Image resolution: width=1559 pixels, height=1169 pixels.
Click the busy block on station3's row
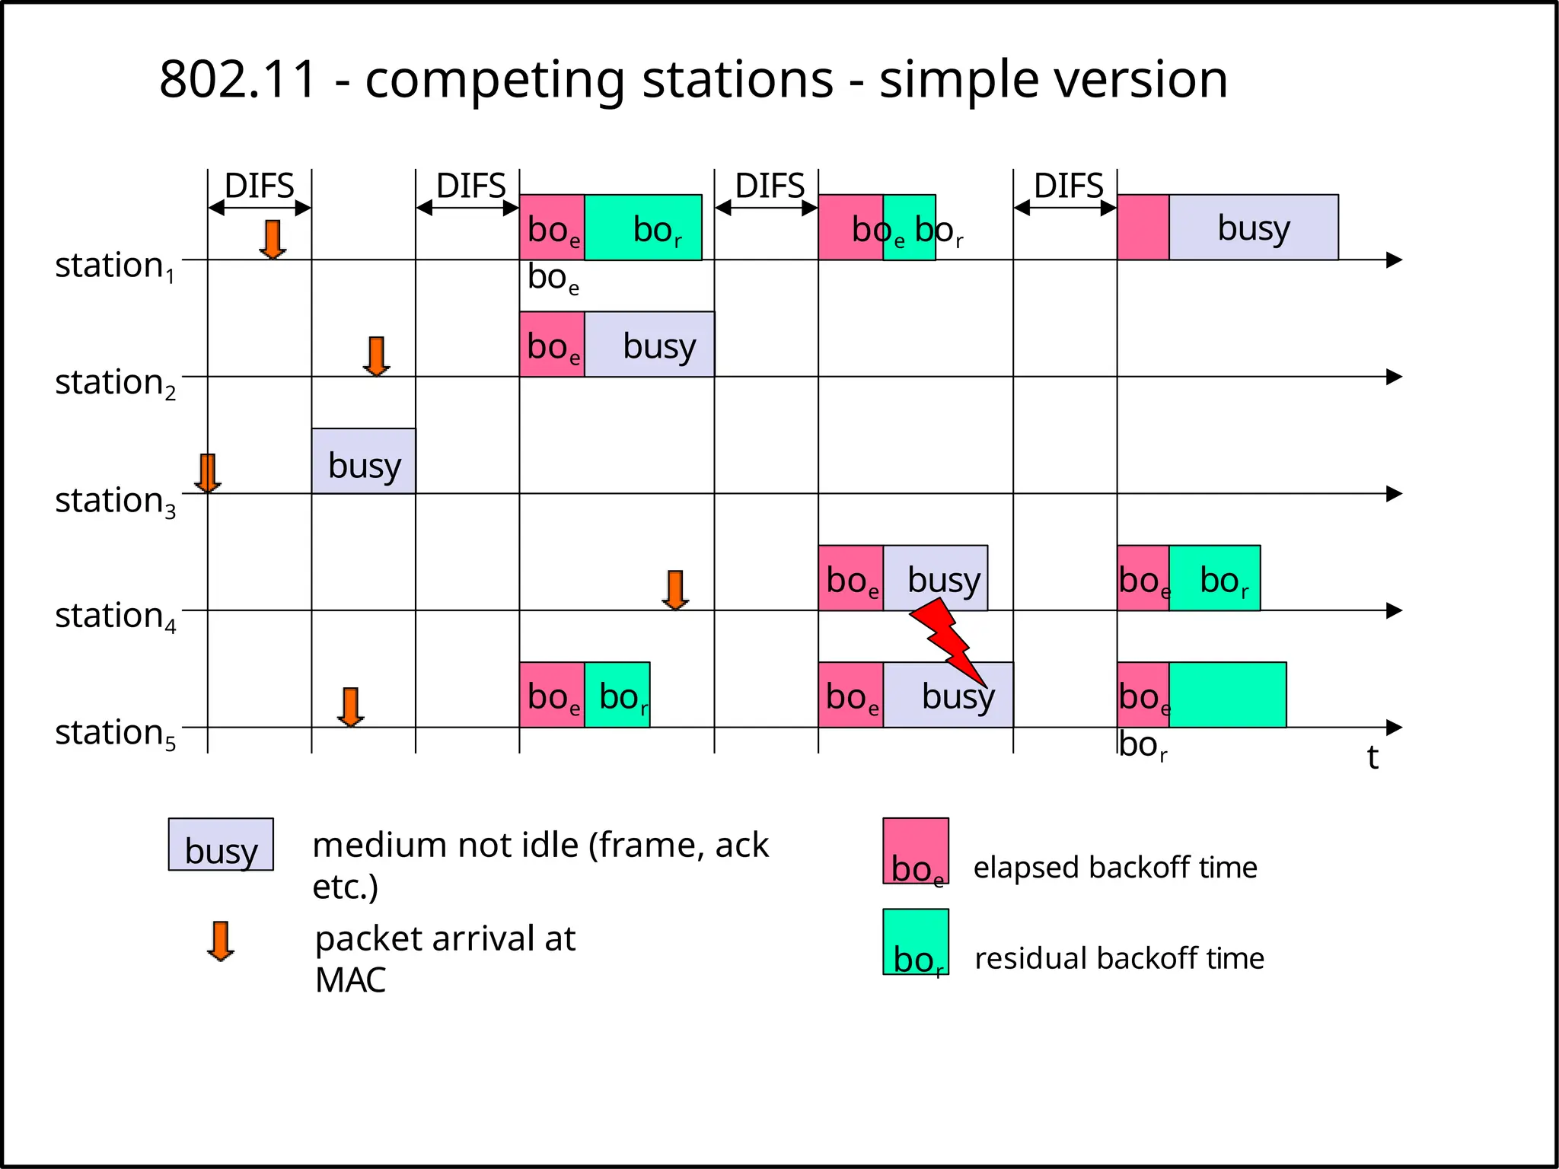click(x=363, y=461)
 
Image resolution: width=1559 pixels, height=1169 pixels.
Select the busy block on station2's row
click(x=649, y=345)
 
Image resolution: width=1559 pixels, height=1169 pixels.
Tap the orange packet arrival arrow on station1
click(x=272, y=239)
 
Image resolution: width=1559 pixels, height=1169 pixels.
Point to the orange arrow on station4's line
click(x=675, y=590)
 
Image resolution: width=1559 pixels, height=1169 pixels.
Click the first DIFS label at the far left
click(x=259, y=186)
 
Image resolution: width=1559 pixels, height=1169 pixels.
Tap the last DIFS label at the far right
click(x=1068, y=186)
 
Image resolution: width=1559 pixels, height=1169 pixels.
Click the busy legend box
click(x=221, y=845)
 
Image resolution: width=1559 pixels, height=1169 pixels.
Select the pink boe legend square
click(x=916, y=851)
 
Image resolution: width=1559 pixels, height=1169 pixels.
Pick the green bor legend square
click(x=916, y=941)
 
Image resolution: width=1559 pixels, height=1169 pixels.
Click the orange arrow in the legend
click(x=221, y=941)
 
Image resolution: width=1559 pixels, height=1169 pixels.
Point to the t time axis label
click(x=1372, y=757)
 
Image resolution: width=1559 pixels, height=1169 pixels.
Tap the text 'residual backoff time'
click(x=1119, y=958)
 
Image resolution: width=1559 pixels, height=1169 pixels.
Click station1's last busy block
click(x=1253, y=228)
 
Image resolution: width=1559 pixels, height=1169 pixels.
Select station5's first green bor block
click(x=617, y=695)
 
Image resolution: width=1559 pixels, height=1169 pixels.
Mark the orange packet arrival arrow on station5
click(x=350, y=707)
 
